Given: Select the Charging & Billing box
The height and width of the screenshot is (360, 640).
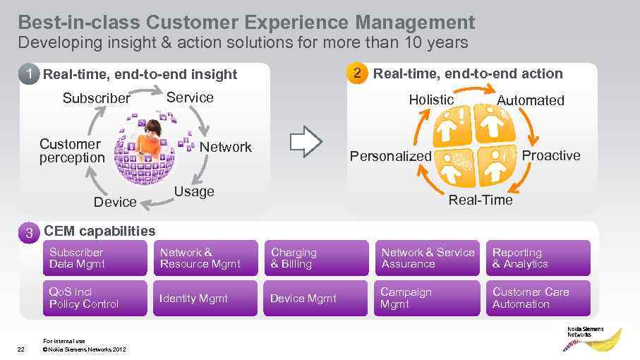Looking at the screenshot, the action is pos(315,258).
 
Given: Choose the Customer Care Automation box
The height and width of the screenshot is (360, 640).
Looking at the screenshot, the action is pos(538,299).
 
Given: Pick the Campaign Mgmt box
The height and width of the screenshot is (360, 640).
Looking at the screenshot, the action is pos(427,299).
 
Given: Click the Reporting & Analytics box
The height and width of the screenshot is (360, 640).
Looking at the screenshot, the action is pos(538,258).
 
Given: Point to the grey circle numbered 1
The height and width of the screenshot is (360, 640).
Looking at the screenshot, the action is pos(29,73).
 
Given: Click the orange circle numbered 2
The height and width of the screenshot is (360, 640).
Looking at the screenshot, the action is pos(357,73).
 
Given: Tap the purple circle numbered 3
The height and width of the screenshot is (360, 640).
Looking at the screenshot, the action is pos(29,233).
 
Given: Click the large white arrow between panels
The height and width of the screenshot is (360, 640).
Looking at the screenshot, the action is pos(306,142).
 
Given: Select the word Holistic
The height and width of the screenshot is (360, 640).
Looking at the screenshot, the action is pos(431,100).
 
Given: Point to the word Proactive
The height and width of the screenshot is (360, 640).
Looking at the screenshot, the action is pos(550,155).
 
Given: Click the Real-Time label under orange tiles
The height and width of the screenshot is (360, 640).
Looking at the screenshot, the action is pos(481,200).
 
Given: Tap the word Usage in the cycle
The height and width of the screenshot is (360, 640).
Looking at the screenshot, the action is pos(194,191).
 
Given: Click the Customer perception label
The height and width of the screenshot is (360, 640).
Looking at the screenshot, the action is pos(71,150).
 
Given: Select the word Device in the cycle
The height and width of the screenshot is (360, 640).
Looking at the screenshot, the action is pos(115,202).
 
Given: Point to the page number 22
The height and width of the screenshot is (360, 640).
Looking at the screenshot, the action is pos(21,349).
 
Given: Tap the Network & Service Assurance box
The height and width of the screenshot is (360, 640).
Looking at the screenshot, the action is pos(427,258).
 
